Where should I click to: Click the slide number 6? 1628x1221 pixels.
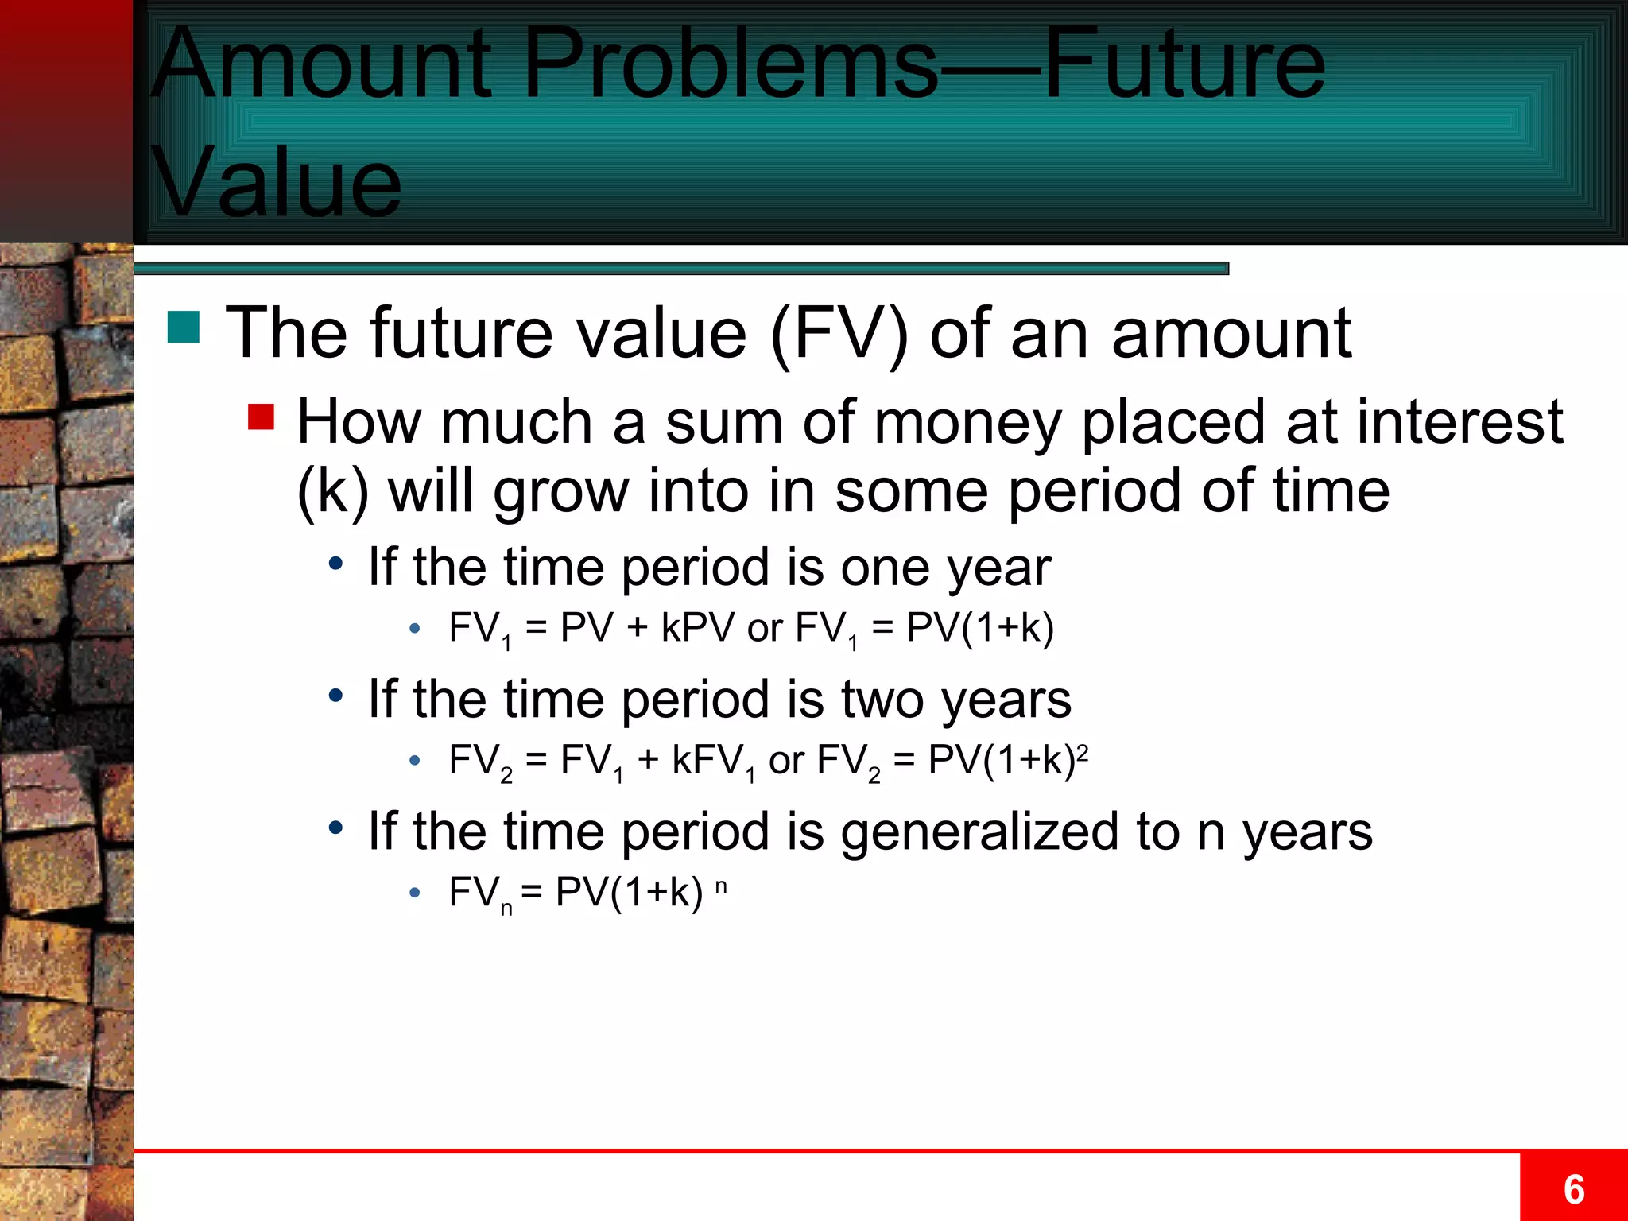pyautogui.click(x=1573, y=1189)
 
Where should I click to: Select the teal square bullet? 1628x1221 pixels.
pyautogui.click(x=184, y=327)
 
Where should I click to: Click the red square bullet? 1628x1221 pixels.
pyautogui.click(x=261, y=417)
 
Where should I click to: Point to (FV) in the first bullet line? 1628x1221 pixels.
pyautogui.click(x=839, y=334)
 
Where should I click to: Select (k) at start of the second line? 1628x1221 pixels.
pyautogui.click(x=332, y=491)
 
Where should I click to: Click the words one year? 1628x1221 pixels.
pyautogui.click(x=945, y=568)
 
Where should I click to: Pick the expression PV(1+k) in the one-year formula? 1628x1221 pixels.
pyautogui.click(x=980, y=628)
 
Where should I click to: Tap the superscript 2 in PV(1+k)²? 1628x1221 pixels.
pyautogui.click(x=1082, y=751)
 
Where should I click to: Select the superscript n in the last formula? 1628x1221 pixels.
pyautogui.click(x=720, y=886)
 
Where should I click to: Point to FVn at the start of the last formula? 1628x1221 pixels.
pyautogui.click(x=479, y=893)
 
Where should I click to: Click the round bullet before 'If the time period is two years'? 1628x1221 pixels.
pyautogui.click(x=335, y=696)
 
